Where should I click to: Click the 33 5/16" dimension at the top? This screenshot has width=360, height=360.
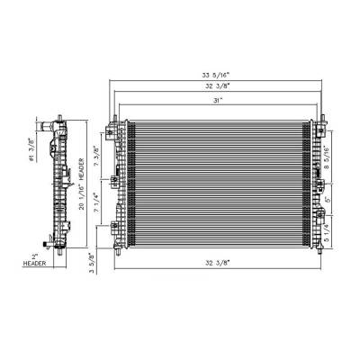coord(213,76)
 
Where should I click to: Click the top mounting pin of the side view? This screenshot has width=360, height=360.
coord(59,118)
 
